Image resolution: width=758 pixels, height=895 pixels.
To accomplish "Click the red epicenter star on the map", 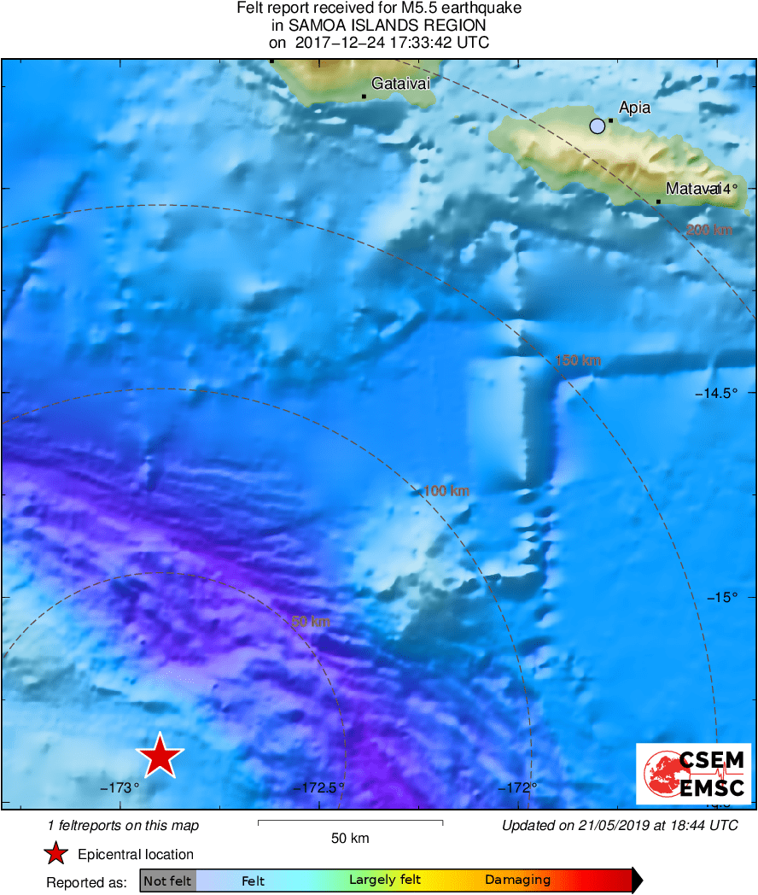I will pos(160,756).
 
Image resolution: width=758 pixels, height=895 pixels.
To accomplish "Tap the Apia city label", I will pos(634,108).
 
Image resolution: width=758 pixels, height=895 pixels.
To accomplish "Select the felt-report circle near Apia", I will pos(598,126).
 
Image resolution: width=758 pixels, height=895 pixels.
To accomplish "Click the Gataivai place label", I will pos(400,84).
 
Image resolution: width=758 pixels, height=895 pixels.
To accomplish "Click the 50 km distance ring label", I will pos(311,622).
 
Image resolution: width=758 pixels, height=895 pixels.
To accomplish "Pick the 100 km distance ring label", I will pos(446,491).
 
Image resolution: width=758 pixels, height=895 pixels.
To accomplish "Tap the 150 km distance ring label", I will pos(578,360).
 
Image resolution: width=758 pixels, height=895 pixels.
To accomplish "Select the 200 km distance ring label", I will pos(709,230).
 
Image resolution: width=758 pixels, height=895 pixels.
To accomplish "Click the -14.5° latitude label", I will pos(714,394).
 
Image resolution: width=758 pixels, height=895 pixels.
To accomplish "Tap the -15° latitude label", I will pos(721,598).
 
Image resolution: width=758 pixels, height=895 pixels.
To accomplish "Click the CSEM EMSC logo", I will pos(693,774).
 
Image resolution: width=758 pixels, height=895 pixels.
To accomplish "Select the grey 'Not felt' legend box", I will pos(167,880).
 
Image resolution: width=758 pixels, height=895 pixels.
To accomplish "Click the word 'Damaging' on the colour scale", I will pos(517,880).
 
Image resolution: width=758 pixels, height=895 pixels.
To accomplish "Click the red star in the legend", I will pos(56,854).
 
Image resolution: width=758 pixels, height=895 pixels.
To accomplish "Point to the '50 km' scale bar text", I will pos(350,839).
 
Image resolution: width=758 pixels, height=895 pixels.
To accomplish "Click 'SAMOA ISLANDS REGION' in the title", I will pos(379,26).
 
